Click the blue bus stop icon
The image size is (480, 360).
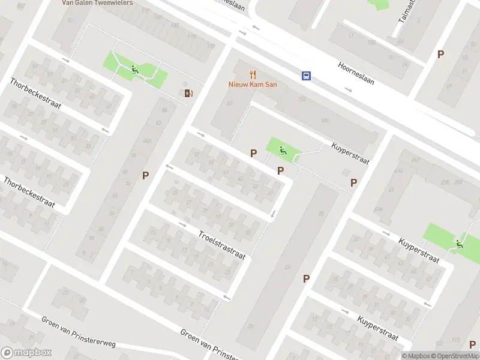click(x=306, y=76)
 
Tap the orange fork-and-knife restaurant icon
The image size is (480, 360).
click(x=253, y=74)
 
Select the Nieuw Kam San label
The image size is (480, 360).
click(x=253, y=85)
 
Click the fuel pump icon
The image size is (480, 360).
click(x=188, y=92)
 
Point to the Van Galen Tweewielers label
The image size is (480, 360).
click(x=97, y=2)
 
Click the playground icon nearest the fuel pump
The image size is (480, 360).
click(x=134, y=70)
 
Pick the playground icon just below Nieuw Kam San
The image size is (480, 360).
click(x=283, y=151)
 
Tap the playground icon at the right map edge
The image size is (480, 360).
click(x=459, y=244)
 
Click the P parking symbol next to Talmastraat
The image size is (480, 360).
click(x=440, y=54)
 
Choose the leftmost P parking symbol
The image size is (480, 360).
click(x=145, y=175)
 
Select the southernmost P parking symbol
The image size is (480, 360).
click(x=306, y=278)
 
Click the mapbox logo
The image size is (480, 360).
click(x=26, y=352)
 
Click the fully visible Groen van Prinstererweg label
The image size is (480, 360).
click(x=78, y=331)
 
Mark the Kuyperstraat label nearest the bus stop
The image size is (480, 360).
click(x=350, y=154)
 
